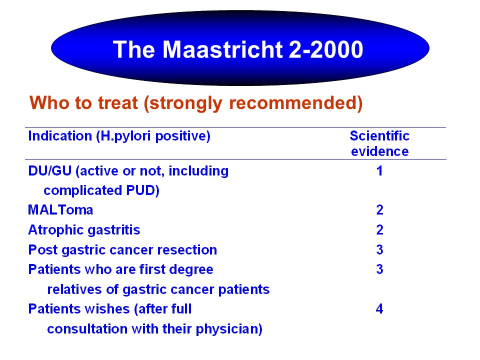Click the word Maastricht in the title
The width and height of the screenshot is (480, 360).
(222, 49)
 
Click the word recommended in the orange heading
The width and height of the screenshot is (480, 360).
(295, 103)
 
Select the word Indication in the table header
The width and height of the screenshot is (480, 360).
(60, 135)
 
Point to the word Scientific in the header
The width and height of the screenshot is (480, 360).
(379, 135)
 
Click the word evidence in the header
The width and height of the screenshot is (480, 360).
(379, 151)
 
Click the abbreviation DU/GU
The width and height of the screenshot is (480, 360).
(50, 171)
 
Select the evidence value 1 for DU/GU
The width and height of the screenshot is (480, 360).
(379, 171)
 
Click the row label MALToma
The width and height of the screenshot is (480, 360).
(60, 210)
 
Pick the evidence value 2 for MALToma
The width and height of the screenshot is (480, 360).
(379, 210)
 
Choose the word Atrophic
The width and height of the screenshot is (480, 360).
(55, 230)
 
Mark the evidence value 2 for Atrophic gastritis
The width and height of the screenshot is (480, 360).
(379, 230)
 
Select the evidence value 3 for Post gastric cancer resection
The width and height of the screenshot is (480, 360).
(379, 250)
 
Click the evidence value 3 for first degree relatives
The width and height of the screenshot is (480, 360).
(379, 269)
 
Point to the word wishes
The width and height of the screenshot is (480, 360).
(107, 309)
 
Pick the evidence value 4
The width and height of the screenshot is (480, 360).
(379, 309)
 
